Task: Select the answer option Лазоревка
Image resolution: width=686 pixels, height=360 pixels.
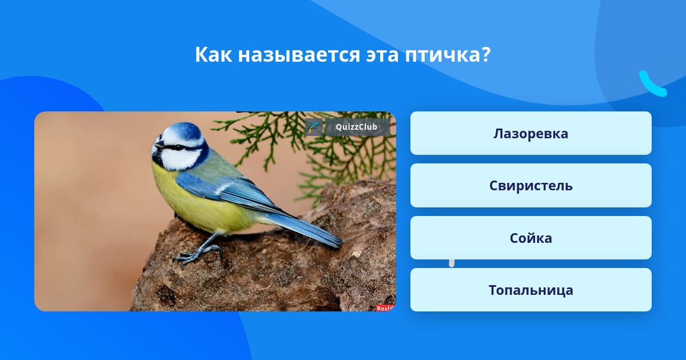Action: click(x=531, y=133)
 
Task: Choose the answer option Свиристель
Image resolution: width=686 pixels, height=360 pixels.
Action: click(x=531, y=186)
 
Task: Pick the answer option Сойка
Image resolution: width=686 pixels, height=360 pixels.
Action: click(x=531, y=238)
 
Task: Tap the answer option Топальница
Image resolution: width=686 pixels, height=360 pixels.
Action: click(x=531, y=290)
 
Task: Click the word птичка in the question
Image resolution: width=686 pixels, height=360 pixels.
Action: click(x=448, y=55)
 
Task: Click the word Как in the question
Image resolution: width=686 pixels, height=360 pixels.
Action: click(x=213, y=55)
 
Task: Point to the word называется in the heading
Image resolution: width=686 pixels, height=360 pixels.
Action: click(x=299, y=55)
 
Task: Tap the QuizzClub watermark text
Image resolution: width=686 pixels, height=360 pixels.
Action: click(x=356, y=127)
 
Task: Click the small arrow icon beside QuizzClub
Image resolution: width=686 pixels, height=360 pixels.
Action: click(x=314, y=127)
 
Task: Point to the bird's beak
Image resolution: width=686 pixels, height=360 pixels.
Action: click(x=159, y=145)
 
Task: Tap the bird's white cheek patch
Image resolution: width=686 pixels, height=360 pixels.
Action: click(x=181, y=159)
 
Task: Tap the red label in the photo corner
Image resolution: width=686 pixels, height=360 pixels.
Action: click(x=385, y=308)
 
